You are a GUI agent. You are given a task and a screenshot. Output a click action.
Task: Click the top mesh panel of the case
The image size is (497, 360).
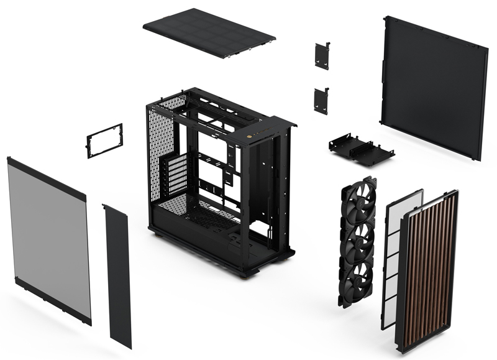pyautogui.click(x=209, y=33)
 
